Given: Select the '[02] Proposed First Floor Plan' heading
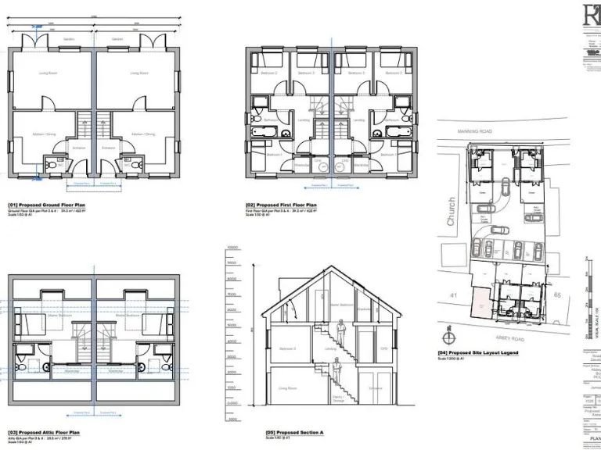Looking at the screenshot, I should [281, 204].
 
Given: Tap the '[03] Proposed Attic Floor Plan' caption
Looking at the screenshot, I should [44, 431].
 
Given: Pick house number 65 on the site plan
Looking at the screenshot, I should [557, 295].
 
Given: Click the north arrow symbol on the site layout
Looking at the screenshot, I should [448, 338].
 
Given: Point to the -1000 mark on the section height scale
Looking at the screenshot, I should [232, 419].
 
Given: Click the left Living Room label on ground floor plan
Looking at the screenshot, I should [49, 73].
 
